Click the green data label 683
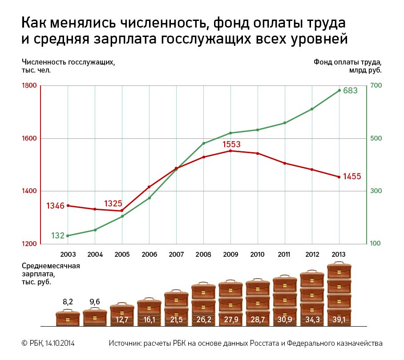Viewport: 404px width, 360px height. (350, 91)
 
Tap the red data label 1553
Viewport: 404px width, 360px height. (231, 144)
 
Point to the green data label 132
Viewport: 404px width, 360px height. (58, 235)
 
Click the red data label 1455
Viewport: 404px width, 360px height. (352, 177)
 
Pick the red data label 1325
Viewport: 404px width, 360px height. (113, 203)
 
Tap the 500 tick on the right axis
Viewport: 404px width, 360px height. (376, 138)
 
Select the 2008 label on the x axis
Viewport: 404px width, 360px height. (203, 255)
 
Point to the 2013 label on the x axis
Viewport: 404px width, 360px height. (339, 255)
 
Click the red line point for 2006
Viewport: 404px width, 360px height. (149, 187)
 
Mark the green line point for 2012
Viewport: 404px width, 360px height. (312, 109)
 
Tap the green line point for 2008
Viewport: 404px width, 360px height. (203, 143)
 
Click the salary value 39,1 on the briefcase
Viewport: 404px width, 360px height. (339, 320)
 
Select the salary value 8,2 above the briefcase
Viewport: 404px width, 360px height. (68, 302)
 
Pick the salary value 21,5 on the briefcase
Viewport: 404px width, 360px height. (176, 320)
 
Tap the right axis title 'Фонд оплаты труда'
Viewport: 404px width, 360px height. (347, 62)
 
